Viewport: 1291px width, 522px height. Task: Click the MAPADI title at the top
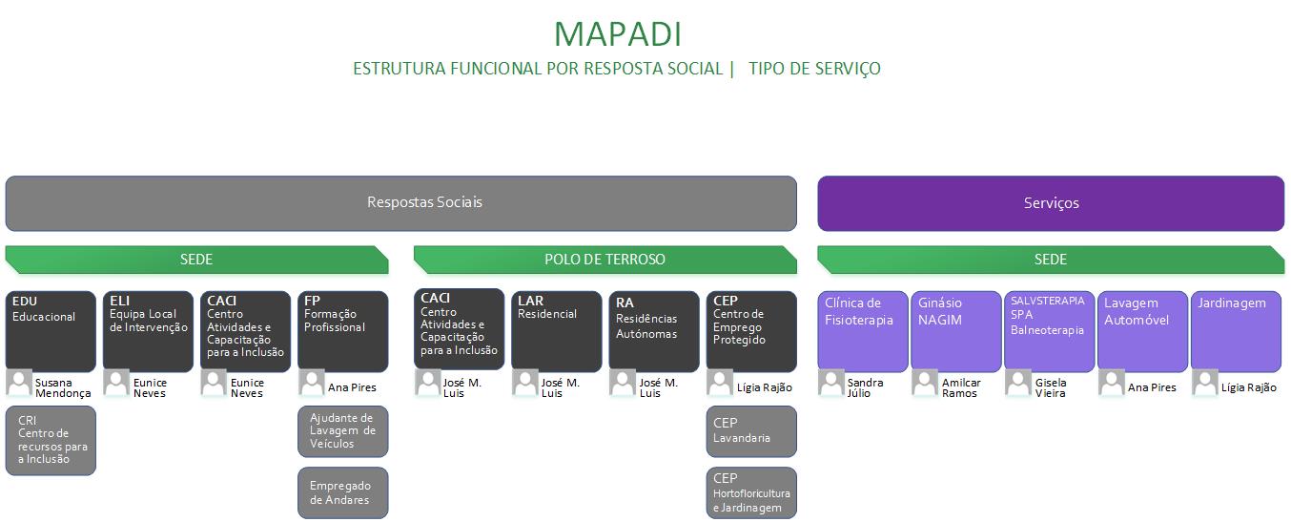(617, 33)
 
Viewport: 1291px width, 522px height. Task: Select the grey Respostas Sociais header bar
(400, 203)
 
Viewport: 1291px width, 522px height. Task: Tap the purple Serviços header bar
(1051, 203)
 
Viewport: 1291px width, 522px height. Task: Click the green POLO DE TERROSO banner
(605, 260)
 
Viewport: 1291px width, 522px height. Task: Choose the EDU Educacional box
(51, 330)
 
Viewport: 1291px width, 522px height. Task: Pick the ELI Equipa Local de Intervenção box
(148, 330)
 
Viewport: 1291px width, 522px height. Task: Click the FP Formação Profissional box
(342, 330)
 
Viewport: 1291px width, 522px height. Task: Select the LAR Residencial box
(556, 330)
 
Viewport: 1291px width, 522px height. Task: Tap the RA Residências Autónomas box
(653, 330)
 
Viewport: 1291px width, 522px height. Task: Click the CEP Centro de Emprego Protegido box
(750, 330)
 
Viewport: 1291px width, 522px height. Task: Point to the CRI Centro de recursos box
(51, 440)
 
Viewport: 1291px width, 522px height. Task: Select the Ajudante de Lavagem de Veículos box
(342, 431)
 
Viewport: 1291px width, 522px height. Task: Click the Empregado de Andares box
(342, 492)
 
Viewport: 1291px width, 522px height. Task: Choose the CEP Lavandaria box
(750, 431)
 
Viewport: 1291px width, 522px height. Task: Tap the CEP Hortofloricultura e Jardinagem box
(750, 492)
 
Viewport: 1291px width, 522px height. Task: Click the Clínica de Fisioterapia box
(862, 330)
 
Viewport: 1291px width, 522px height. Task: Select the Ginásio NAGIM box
(955, 330)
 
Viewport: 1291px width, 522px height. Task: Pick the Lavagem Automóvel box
(1142, 330)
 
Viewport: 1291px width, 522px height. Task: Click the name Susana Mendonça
(63, 387)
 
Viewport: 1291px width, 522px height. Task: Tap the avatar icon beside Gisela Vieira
(1018, 384)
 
